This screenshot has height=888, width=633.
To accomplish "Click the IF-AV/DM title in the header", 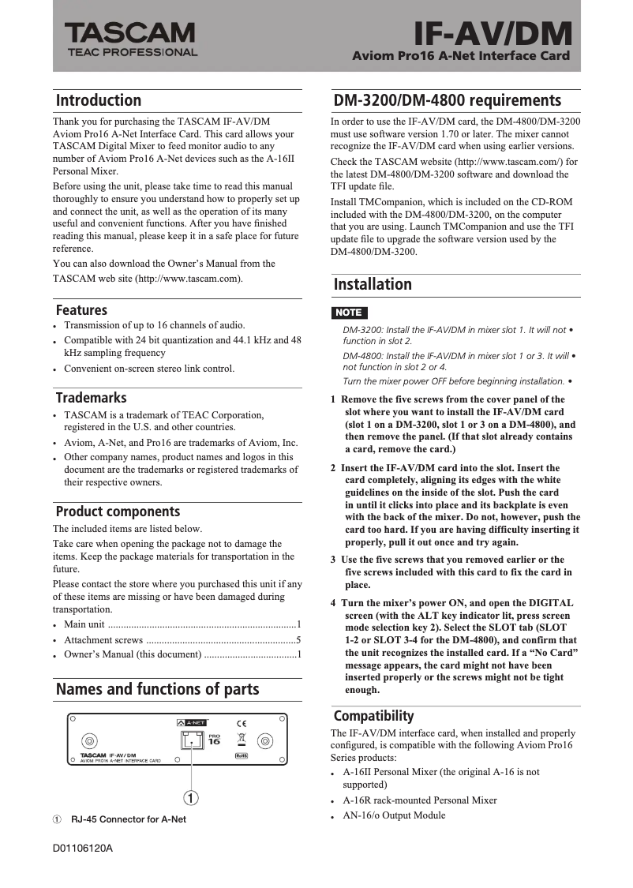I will click(493, 33).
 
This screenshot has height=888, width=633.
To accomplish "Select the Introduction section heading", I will click(99, 100).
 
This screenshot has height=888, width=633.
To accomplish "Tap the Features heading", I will click(81, 310).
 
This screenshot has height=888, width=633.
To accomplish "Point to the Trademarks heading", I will click(91, 398).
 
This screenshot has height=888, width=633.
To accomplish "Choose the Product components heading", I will click(118, 511).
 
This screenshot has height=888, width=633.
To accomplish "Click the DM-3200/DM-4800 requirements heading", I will click(448, 100).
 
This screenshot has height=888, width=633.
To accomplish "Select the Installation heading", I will click(373, 284).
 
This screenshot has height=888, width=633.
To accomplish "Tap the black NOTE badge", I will click(348, 313).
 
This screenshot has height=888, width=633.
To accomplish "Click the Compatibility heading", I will click(373, 716).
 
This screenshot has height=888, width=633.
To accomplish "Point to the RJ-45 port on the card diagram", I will click(191, 740).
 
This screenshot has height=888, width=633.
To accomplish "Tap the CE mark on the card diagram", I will click(242, 723).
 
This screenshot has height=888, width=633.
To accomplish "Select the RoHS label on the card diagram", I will click(242, 756).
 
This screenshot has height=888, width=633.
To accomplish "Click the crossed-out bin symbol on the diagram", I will click(242, 740).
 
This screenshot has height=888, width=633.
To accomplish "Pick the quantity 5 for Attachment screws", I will click(298, 640).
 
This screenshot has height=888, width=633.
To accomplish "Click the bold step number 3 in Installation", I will click(333, 560).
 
